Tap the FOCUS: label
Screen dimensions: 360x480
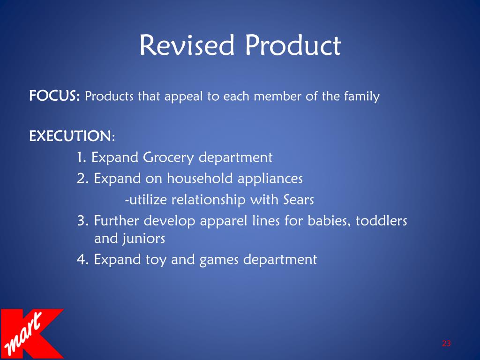coord(55,97)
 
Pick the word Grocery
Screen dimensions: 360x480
coord(168,158)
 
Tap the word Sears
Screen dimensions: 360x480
coord(298,200)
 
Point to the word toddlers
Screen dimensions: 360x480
coord(381,221)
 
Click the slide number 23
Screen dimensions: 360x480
coord(446,344)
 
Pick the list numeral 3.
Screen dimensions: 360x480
coord(82,221)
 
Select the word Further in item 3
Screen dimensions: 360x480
coord(117,221)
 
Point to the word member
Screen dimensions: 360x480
coord(275,97)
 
